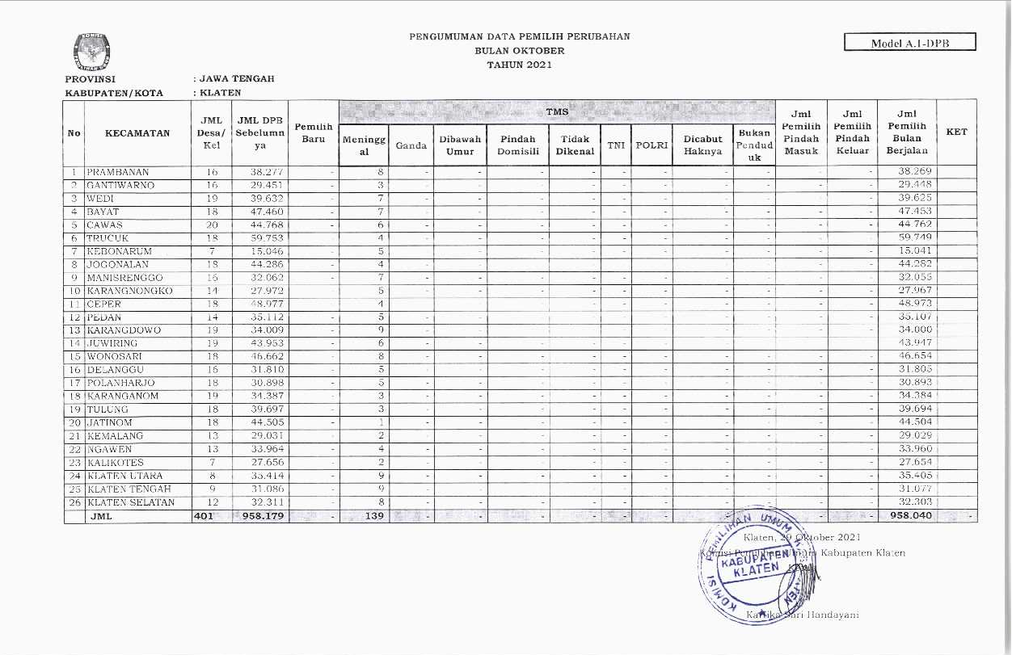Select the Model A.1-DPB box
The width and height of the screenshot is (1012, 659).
point(909,43)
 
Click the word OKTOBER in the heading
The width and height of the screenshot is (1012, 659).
point(520,51)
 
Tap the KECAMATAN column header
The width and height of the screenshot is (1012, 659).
point(137,133)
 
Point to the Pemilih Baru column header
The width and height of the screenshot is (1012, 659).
point(313,133)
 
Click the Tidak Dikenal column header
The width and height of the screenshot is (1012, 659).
point(575,145)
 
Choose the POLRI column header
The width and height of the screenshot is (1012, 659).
point(651,145)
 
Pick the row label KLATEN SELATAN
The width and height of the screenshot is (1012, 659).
point(130,502)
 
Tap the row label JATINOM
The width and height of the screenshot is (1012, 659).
point(114,422)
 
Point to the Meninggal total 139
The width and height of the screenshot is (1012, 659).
point(373,516)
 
